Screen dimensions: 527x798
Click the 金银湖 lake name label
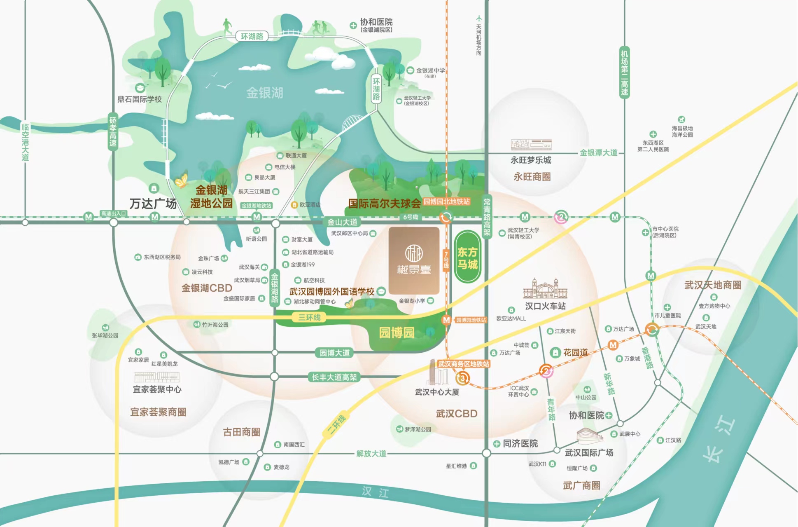coord(264,93)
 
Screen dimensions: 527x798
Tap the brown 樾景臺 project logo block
coord(414,260)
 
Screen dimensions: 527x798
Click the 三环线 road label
coord(309,317)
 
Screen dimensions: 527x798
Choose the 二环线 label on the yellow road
coord(336,424)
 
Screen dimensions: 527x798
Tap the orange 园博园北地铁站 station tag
coord(447,201)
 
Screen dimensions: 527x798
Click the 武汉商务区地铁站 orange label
coord(464,364)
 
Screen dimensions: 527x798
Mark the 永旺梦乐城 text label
coord(531,160)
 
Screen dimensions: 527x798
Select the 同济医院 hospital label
coord(520,443)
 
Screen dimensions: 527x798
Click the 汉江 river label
coord(375,492)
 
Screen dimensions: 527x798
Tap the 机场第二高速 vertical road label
coord(624,72)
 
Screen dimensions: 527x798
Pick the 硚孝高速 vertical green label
coord(113,132)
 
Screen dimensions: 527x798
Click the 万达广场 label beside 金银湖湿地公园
coord(153,204)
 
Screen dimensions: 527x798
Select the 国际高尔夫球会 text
coord(384,203)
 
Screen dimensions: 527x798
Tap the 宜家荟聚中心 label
coord(157,389)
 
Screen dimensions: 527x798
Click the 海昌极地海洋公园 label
coord(682,131)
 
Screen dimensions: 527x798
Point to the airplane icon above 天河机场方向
coord(478,18)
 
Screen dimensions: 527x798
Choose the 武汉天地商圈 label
coord(713,285)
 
